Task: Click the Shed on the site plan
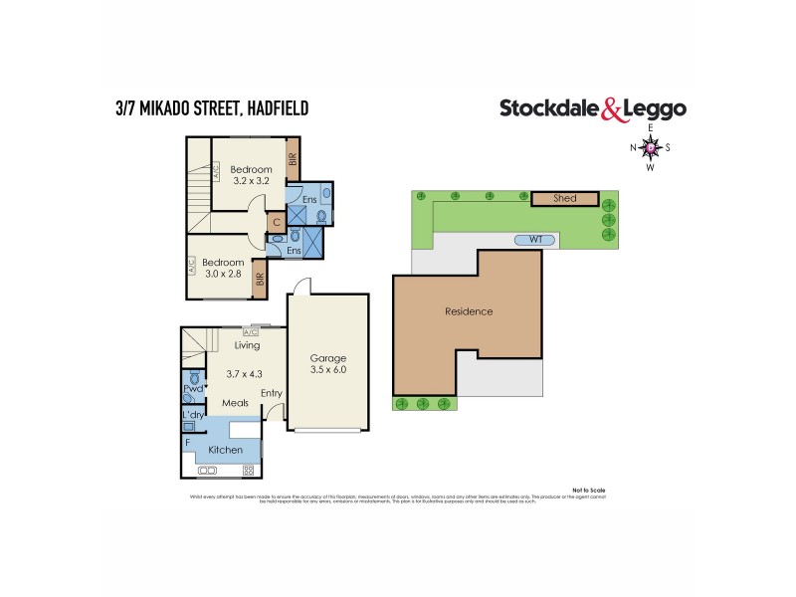pos(564,199)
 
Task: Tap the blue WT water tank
pos(534,240)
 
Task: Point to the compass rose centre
pos(651,148)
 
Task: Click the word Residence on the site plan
pos(468,311)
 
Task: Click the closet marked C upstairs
pos(276,223)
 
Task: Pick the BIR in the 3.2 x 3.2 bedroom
pos(293,159)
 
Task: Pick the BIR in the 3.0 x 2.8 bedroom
pos(259,280)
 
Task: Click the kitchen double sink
pos(210,470)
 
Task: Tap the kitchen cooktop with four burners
pos(249,470)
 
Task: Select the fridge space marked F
pos(186,440)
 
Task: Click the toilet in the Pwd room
pos(195,379)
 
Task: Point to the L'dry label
pos(192,413)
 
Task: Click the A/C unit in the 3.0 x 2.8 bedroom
pos(191,266)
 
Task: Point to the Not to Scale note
pos(589,491)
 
